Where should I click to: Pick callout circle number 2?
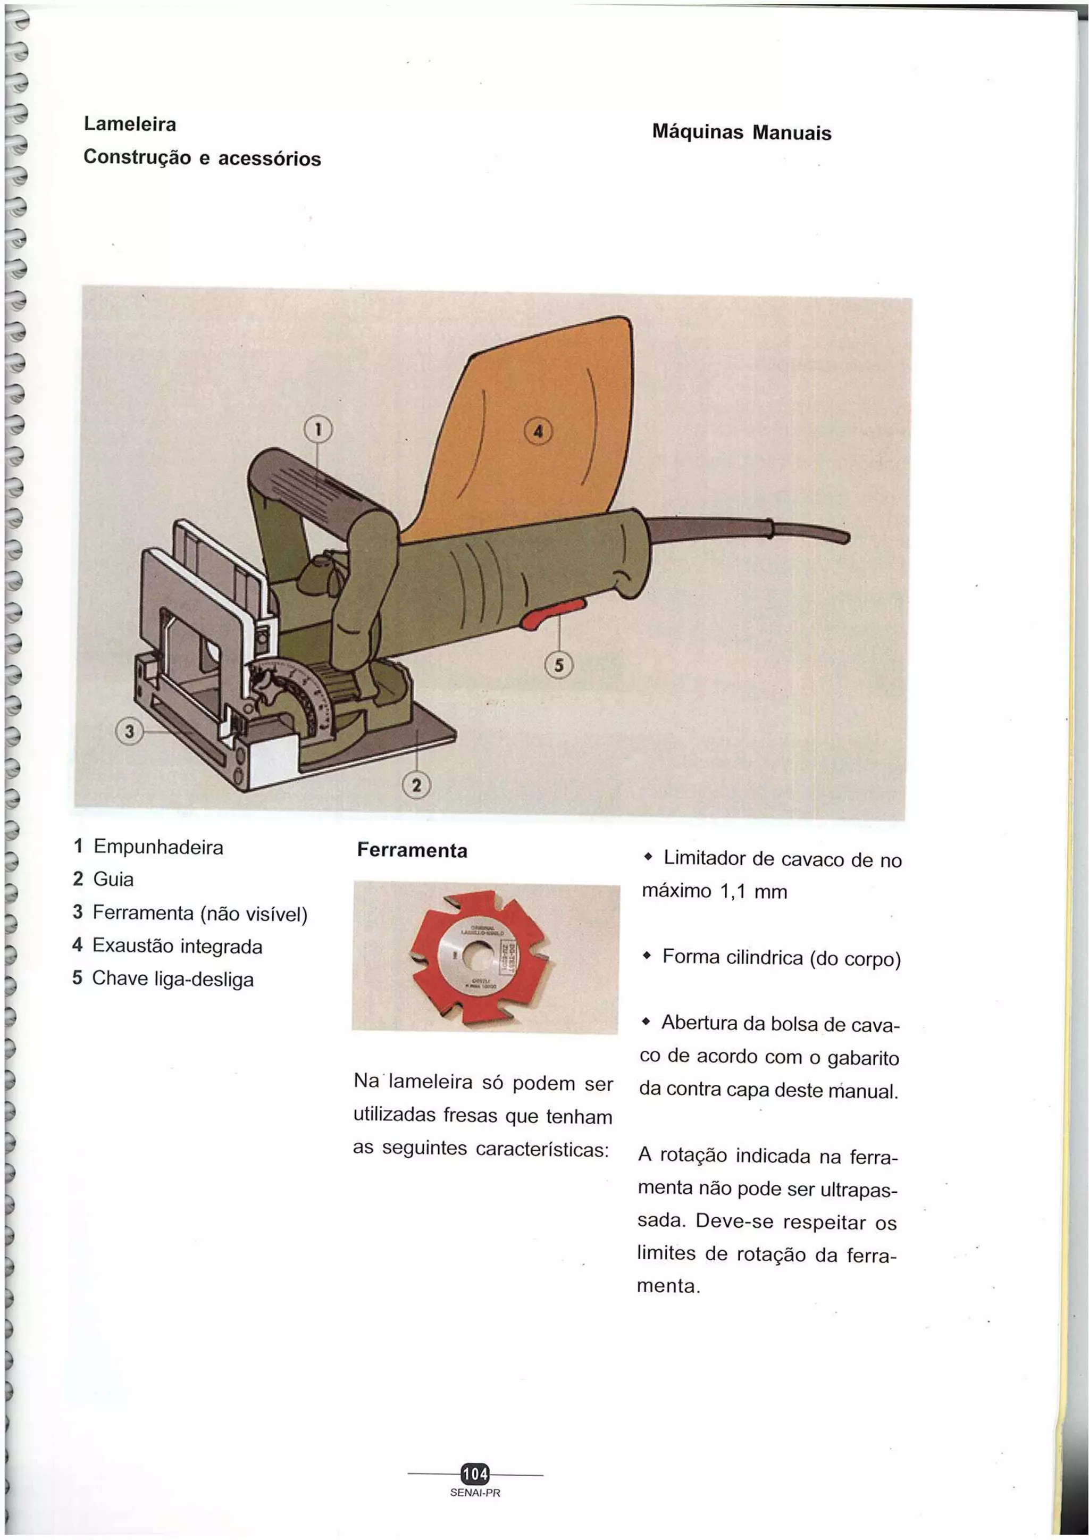(416, 785)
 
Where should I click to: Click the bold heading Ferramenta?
(412, 850)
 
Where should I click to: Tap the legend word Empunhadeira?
(158, 847)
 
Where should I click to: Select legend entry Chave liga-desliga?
(172, 978)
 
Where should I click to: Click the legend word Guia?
(113, 880)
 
